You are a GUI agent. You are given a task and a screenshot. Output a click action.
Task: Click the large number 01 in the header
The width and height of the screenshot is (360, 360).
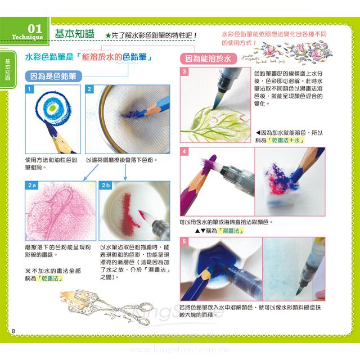34,28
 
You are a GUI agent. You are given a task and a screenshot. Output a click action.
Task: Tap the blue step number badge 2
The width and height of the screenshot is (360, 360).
89,89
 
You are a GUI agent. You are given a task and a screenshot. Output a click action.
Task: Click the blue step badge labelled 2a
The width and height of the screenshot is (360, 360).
32,184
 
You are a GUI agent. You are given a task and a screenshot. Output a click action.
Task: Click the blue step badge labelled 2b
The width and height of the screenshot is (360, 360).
105,184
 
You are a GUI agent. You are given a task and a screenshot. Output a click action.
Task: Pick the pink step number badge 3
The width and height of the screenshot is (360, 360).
184,72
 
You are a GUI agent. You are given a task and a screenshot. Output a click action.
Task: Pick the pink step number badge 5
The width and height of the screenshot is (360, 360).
184,241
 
